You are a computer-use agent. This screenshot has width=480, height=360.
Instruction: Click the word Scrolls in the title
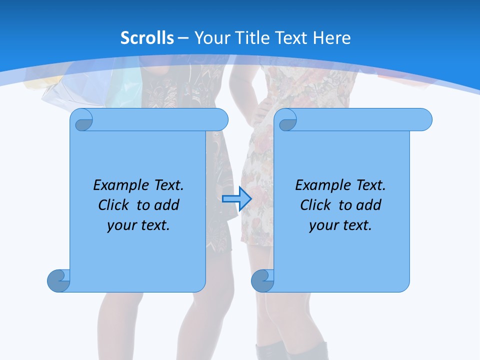[x=147, y=38]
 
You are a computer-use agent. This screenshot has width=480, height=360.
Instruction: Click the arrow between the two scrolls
[x=236, y=199]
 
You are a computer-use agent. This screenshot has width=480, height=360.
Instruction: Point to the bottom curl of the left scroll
[x=59, y=280]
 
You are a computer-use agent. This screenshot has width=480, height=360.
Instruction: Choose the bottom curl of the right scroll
[x=263, y=280]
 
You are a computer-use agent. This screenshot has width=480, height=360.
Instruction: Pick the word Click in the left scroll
[x=113, y=205]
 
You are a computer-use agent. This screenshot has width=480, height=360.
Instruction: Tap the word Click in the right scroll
[x=315, y=205]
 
